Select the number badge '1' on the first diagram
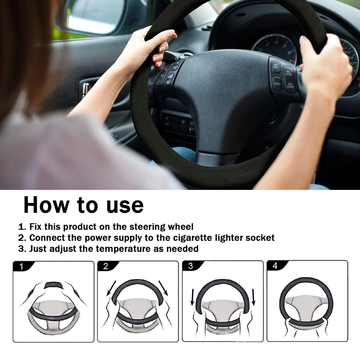[x=21, y=266]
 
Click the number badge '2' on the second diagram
[x=105, y=266]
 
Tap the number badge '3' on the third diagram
[x=190, y=266]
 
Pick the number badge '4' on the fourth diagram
[x=274, y=266]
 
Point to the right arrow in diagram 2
[x=163, y=288]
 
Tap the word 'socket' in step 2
[x=261, y=238]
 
